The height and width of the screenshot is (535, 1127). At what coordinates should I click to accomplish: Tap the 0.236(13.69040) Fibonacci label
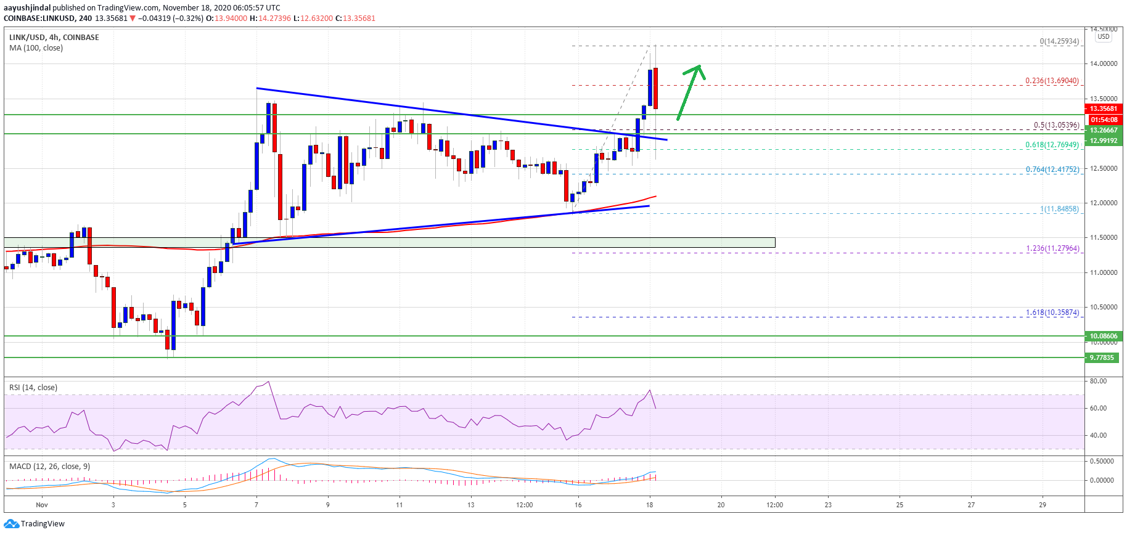(1052, 81)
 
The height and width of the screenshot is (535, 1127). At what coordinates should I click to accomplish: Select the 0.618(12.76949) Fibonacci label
(1052, 145)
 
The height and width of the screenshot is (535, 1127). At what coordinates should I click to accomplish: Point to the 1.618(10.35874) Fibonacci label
(1052, 312)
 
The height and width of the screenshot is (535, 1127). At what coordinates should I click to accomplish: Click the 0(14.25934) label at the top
(1059, 42)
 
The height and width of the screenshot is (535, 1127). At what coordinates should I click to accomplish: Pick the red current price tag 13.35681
(1103, 108)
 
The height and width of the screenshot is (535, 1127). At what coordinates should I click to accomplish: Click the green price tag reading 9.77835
(1102, 357)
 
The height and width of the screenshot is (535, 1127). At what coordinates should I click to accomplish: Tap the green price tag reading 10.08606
(1103, 336)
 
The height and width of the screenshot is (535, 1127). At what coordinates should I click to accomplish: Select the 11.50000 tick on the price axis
(1103, 237)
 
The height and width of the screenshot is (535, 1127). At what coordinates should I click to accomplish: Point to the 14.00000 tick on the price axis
(1103, 63)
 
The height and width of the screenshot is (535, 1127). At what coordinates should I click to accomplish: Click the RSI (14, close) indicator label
(33, 388)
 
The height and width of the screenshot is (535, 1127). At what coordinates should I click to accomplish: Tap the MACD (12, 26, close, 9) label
(49, 466)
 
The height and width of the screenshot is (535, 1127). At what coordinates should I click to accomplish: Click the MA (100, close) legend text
(36, 48)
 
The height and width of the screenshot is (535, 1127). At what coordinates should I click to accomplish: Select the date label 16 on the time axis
(578, 505)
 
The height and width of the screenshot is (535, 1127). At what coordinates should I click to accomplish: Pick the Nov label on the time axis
(42, 505)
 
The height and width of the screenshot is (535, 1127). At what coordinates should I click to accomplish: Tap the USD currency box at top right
(1103, 36)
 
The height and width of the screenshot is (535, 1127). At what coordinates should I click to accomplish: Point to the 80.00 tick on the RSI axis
(1098, 381)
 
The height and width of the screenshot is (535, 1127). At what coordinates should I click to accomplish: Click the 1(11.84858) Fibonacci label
(1059, 209)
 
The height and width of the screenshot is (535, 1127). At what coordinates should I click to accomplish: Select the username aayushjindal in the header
(27, 8)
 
